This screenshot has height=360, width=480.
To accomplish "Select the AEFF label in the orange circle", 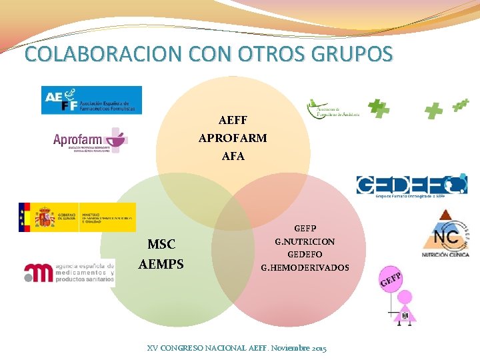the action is pyautogui.click(x=233, y=121).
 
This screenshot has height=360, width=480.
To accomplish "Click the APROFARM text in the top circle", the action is pyautogui.click(x=233, y=139).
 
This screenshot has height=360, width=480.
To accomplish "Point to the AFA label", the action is pyautogui.click(x=233, y=157).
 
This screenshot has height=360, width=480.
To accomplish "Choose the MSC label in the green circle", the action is pyautogui.click(x=161, y=245).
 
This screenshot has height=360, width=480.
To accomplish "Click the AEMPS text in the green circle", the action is pyautogui.click(x=161, y=264).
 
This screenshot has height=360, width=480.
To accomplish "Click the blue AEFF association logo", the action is pyautogui.click(x=91, y=100).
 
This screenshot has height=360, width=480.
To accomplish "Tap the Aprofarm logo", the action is pyautogui.click(x=90, y=141).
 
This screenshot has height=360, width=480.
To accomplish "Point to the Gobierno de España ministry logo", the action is pyautogui.click(x=77, y=217).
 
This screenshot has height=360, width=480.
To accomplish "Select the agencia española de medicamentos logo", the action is pyautogui.click(x=69, y=273).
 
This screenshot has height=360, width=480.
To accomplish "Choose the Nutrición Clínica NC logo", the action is pyautogui.click(x=445, y=233).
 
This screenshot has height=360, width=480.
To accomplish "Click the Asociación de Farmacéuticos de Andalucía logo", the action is pyautogui.click(x=333, y=109).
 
